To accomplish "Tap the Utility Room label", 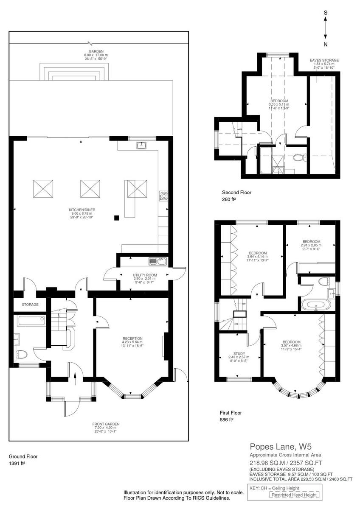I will coord(145,278).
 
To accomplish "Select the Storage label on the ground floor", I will coord(30,305).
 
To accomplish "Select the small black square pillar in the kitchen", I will coord(116,218).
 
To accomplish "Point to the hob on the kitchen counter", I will coord(163,196).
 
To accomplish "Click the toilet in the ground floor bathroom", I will coord(22,354).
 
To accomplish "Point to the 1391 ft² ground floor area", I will coord(17,464).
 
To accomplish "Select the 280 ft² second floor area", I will coord(231,199).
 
